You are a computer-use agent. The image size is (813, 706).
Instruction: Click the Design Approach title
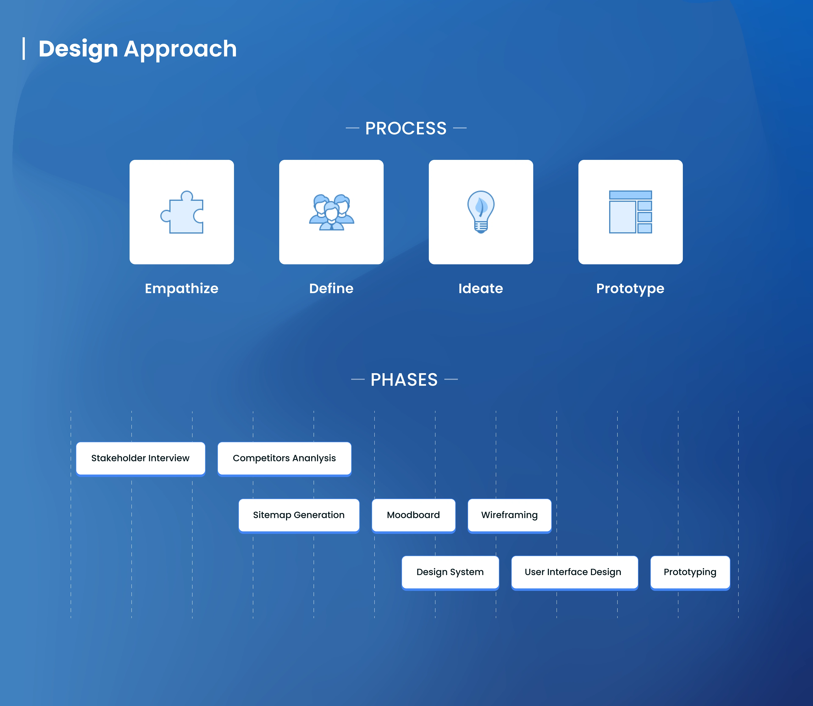(x=137, y=49)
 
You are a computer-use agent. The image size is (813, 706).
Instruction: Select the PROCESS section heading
(x=406, y=128)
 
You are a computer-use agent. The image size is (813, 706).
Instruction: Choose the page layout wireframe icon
(x=630, y=212)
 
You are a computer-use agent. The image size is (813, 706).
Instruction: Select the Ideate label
(x=481, y=288)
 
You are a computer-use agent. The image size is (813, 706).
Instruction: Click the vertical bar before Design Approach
(x=24, y=49)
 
